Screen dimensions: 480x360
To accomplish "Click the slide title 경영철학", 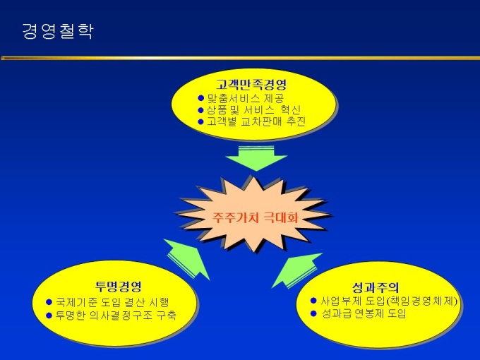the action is (58, 31).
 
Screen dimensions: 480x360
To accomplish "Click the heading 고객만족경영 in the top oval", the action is (251, 84).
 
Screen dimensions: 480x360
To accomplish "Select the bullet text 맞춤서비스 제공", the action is (246, 98).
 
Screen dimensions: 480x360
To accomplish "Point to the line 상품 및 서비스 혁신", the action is (253, 110).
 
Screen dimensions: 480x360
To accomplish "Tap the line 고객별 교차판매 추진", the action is (256, 121).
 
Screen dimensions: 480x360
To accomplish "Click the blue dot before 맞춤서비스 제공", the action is (200, 98).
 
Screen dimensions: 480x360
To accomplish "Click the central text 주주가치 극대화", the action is (256, 217).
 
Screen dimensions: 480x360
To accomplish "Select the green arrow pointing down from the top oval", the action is (256, 159).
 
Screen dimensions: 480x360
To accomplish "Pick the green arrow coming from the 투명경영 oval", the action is (187, 259).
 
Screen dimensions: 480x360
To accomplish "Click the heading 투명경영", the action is (119, 286).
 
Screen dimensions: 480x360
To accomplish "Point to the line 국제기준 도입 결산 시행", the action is (112, 302).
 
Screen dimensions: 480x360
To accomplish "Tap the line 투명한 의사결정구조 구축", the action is (116, 316).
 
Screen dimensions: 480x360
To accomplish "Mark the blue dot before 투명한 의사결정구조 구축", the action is (49, 316).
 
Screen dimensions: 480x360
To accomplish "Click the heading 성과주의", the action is (376, 287).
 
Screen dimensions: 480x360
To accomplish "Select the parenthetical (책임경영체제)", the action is (421, 301).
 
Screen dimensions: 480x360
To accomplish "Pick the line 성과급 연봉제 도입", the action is (364, 313).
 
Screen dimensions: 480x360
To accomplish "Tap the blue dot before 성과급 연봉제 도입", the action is (313, 313).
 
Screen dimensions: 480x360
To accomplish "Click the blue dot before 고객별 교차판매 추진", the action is (200, 122).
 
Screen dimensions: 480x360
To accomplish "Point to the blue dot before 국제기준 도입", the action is (49, 302).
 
